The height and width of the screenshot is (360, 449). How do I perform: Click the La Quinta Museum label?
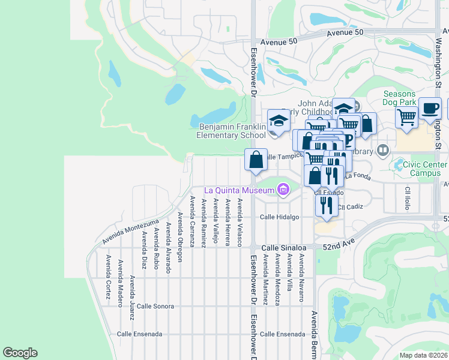(x=239, y=191)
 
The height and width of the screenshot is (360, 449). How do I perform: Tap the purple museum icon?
(x=283, y=191)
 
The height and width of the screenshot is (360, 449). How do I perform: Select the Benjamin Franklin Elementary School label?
(x=232, y=131)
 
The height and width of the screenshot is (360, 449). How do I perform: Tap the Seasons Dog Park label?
(x=399, y=98)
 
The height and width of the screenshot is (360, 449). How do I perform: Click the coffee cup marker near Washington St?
(x=430, y=108)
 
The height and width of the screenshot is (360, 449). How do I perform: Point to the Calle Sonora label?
(x=155, y=306)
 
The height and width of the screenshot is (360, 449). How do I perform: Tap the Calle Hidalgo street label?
(x=279, y=217)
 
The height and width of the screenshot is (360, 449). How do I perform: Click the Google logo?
(x=20, y=353)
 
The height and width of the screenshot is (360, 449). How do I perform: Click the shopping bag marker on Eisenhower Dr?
(x=256, y=160)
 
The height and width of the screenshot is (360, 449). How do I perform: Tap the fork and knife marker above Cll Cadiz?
(x=325, y=205)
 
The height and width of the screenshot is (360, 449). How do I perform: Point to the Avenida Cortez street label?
(x=108, y=277)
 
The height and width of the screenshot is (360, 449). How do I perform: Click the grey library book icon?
(x=382, y=149)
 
